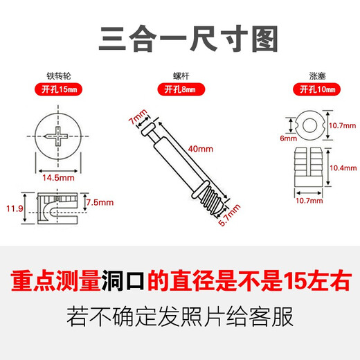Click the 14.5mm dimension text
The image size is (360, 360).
tap(57, 177)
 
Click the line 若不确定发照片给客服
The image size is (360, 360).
tap(180, 319)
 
